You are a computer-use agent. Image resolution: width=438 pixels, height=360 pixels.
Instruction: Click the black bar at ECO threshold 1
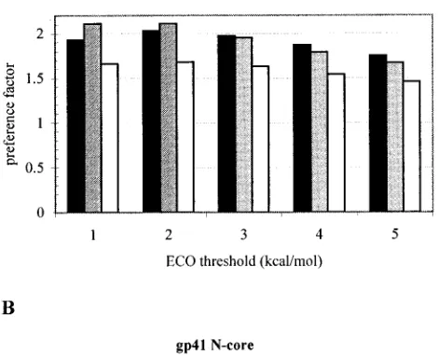(75, 126)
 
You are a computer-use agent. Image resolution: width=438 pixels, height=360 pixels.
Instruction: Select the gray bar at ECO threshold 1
(93, 118)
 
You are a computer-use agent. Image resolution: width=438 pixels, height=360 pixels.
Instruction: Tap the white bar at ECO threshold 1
(110, 138)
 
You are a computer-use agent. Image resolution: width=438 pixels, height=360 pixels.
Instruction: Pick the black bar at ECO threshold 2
(152, 121)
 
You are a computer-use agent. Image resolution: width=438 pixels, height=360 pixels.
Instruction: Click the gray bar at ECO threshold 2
(169, 118)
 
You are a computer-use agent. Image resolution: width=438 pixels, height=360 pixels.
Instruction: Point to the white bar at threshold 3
(261, 139)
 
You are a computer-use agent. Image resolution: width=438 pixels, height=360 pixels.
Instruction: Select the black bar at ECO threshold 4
(303, 128)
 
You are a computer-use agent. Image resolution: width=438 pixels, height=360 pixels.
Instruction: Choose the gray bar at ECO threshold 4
(320, 132)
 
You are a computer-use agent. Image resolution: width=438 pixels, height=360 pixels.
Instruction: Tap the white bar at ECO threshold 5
(412, 146)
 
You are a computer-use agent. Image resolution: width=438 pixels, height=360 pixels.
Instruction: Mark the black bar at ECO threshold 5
(378, 133)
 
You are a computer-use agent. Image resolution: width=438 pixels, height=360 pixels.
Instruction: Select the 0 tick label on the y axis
(41, 213)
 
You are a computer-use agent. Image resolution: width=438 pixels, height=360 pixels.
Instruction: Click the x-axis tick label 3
(244, 234)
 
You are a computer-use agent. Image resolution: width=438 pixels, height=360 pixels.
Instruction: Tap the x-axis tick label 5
(395, 234)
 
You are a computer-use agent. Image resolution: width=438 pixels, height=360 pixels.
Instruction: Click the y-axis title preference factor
(9, 114)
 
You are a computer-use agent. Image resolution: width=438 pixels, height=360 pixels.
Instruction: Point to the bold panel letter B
(8, 308)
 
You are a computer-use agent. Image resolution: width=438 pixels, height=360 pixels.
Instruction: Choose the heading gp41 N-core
(214, 346)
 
